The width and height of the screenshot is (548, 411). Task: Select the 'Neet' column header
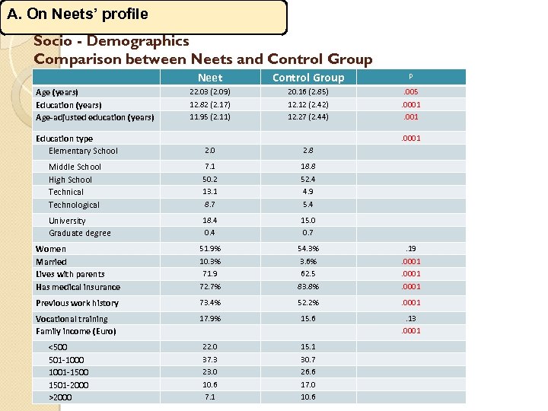[x=210, y=78]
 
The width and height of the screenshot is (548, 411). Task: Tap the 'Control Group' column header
[x=308, y=78]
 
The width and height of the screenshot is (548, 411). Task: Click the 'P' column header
[x=411, y=77]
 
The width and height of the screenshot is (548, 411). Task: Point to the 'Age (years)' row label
[x=57, y=92]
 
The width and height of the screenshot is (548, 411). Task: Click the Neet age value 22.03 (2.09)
[x=210, y=91]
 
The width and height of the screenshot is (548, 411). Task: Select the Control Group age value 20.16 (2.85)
[x=308, y=91]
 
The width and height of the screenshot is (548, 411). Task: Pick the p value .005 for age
[x=411, y=91]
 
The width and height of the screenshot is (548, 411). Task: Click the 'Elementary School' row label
[x=83, y=151]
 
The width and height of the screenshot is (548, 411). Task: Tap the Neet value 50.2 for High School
[x=210, y=180]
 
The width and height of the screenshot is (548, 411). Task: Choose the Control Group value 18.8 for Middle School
[x=308, y=166]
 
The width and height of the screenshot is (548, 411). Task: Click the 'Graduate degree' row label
[x=80, y=233]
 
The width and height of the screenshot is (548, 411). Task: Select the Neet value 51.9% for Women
[x=210, y=249]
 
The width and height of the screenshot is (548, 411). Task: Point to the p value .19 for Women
[x=411, y=249]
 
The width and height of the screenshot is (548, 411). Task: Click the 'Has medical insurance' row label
[x=78, y=287]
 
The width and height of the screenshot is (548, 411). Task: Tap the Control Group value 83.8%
[x=308, y=287]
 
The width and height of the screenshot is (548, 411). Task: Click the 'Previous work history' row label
[x=77, y=303]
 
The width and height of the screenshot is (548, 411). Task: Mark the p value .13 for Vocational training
[x=411, y=319]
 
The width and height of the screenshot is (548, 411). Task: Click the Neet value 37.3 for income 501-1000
[x=210, y=359]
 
